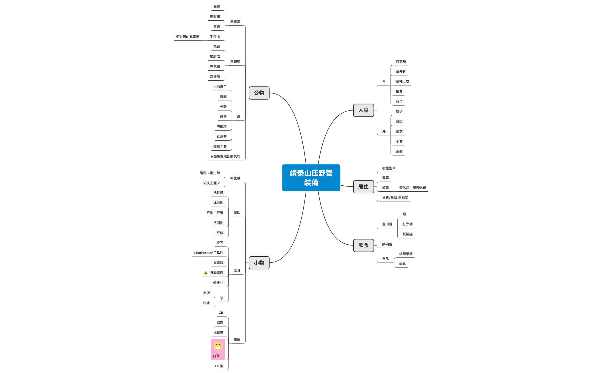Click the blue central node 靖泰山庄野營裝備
(311, 178)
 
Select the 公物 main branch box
(259, 93)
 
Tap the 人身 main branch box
(363, 110)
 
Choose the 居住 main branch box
(363, 187)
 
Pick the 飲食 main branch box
(363, 245)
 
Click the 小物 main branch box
(259, 263)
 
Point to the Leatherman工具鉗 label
(208, 253)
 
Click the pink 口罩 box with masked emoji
(218, 349)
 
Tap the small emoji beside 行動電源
(206, 273)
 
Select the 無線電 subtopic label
(235, 22)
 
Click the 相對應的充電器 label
(187, 37)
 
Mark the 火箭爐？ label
(220, 86)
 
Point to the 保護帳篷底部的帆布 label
(225, 156)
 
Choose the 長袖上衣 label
(402, 81)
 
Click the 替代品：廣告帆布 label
(412, 188)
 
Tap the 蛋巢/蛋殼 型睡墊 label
(395, 197)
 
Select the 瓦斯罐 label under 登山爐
(407, 234)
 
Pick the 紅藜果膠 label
(406, 254)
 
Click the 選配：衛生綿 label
(210, 173)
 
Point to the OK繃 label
(219, 366)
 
